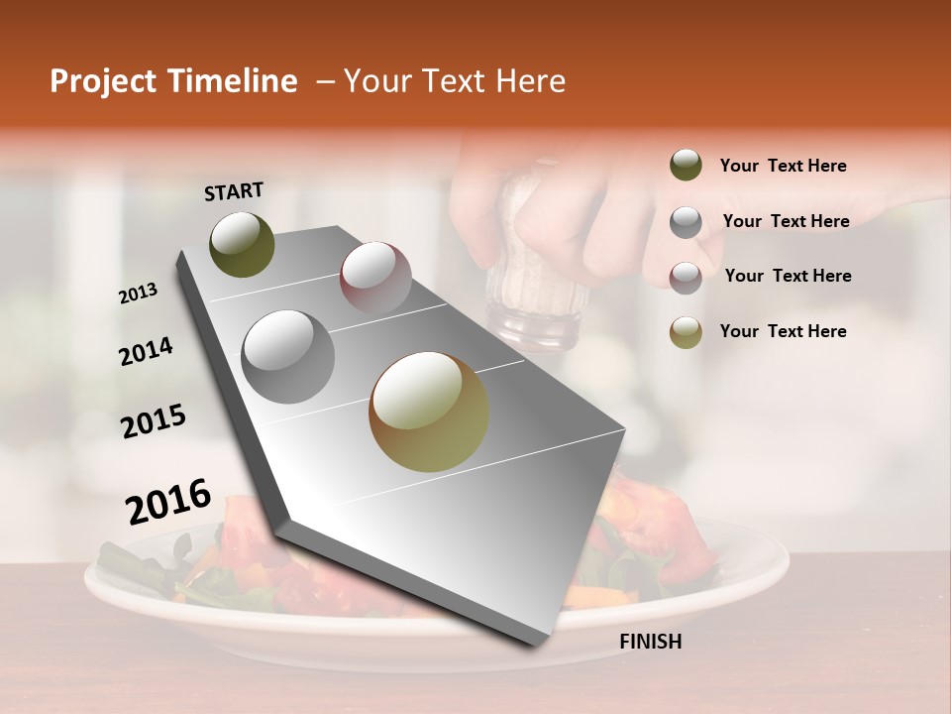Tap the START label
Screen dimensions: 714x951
pos(234,191)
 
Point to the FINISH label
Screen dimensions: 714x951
pos(650,642)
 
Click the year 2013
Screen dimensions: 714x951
pos(138,294)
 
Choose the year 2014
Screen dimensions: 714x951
pos(146,352)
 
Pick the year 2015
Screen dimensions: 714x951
pos(154,421)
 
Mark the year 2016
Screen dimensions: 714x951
pos(168,502)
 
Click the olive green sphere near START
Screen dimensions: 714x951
pos(242,244)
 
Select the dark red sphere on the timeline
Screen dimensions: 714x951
pos(375,277)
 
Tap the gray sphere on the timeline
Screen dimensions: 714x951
pos(288,356)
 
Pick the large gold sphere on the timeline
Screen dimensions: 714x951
pos(429,412)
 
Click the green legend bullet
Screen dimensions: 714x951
pos(686,166)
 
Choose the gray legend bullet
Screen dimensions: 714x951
pos(686,222)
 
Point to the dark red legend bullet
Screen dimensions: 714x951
pos(686,277)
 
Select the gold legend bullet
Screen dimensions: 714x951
pos(686,332)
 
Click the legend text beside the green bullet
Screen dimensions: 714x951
pos(783,166)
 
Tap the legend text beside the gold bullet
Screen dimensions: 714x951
pos(783,331)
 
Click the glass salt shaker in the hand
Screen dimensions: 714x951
pos(535,288)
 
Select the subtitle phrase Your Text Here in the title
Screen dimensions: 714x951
pos(455,81)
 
